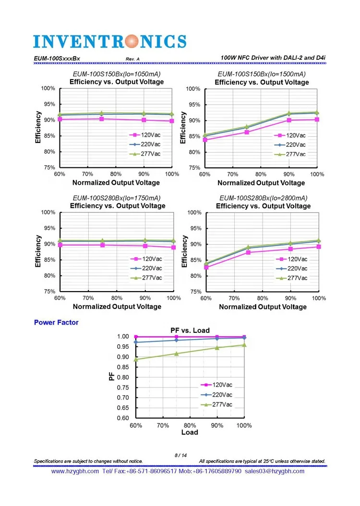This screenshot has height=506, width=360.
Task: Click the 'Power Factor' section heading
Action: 56,322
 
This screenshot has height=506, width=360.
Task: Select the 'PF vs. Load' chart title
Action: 191,330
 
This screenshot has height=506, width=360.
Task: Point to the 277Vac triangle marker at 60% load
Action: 136,359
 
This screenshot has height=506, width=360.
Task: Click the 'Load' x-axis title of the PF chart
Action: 190,432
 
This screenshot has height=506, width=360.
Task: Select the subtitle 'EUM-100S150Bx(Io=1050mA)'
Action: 116,74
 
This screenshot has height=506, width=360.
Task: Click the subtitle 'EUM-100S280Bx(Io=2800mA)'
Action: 263,198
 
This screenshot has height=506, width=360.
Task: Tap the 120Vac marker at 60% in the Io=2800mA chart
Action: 206,267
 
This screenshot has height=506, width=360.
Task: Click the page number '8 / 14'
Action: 180,455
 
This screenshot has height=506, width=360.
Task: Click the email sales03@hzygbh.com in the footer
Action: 275,471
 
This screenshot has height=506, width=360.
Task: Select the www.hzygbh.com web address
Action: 74,471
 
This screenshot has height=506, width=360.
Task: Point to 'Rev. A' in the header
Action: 132,59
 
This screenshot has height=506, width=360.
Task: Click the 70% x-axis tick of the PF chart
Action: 163,425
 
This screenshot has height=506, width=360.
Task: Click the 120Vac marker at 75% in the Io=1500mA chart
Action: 247,132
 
